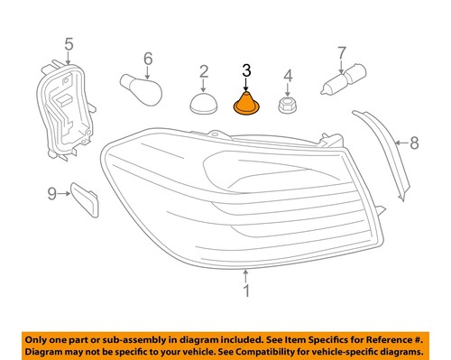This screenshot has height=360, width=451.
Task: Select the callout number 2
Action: (x=204, y=71)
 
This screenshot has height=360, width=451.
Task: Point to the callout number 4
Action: (x=289, y=76)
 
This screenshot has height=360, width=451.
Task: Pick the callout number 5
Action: (x=67, y=42)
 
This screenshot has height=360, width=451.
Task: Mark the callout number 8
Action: (x=415, y=142)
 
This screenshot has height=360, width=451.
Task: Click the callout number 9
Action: (x=52, y=192)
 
